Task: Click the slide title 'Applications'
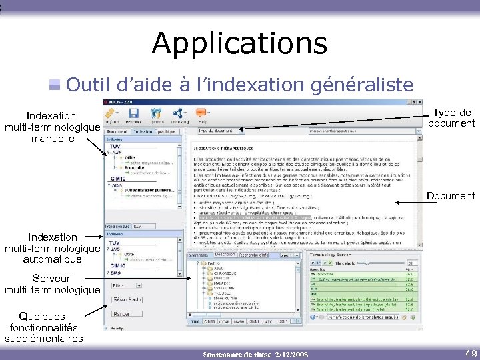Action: point(239,43)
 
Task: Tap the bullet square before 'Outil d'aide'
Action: point(55,85)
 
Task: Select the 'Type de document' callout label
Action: point(451,118)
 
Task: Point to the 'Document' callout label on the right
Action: point(451,196)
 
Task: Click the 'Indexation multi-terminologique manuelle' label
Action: point(52,127)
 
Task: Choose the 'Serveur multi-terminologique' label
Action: point(52,284)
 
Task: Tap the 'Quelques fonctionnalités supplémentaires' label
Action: point(43,327)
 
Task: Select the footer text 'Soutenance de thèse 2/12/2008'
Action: point(255,353)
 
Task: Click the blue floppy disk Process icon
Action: point(133,114)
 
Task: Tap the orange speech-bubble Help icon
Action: point(200,114)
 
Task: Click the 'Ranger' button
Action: point(123,313)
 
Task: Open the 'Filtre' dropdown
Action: point(127,285)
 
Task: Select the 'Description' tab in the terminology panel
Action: point(225,255)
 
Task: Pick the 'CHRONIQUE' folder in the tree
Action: point(225,273)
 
